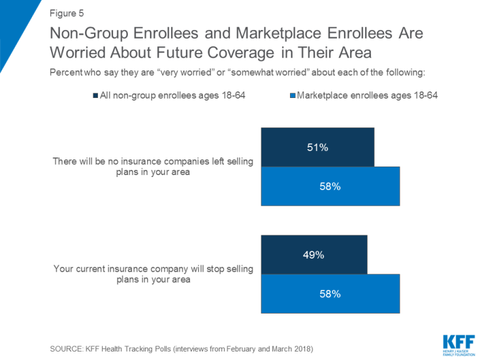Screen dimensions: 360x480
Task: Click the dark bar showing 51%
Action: (x=317, y=147)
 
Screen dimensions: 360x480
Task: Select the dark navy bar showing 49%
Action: (x=314, y=255)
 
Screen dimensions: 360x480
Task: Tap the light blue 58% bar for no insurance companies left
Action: (x=330, y=186)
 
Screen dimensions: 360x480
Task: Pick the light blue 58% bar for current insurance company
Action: (x=330, y=294)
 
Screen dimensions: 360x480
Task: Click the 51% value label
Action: (x=317, y=148)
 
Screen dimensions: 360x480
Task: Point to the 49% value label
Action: (x=314, y=255)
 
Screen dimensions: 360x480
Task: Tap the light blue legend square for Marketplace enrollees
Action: (x=292, y=96)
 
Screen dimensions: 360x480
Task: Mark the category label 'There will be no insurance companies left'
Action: (x=153, y=161)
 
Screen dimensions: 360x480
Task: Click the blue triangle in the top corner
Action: (x=13, y=26)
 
